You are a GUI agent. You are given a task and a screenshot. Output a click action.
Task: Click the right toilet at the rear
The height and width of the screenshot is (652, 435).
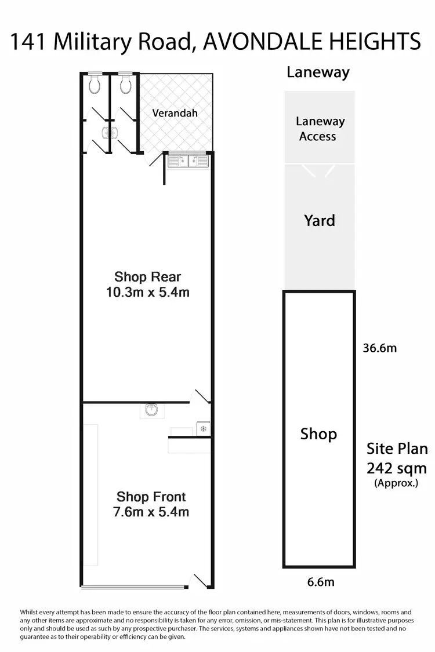pyautogui.click(x=125, y=85)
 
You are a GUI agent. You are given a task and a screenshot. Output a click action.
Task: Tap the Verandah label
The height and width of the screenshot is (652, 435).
pyautogui.click(x=175, y=112)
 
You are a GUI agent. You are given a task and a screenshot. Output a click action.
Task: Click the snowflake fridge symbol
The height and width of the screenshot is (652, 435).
pyautogui.click(x=203, y=429)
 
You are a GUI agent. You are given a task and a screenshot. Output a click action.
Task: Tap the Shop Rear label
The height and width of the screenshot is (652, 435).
pyautogui.click(x=147, y=276)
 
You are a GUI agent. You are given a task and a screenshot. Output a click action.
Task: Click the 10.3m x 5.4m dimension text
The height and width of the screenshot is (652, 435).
pyautogui.click(x=147, y=292)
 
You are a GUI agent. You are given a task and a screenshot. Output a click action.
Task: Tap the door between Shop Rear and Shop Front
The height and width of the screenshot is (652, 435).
pyautogui.click(x=201, y=396)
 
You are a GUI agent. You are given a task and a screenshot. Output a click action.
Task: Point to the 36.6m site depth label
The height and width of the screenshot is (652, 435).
pyautogui.click(x=379, y=348)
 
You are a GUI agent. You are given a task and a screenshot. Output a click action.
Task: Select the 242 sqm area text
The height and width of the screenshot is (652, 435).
pyautogui.click(x=397, y=468)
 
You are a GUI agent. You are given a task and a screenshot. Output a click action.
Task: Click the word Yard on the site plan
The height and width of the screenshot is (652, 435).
pyautogui.click(x=319, y=220)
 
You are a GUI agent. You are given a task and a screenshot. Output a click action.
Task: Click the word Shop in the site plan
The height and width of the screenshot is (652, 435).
pyautogui.click(x=318, y=434)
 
